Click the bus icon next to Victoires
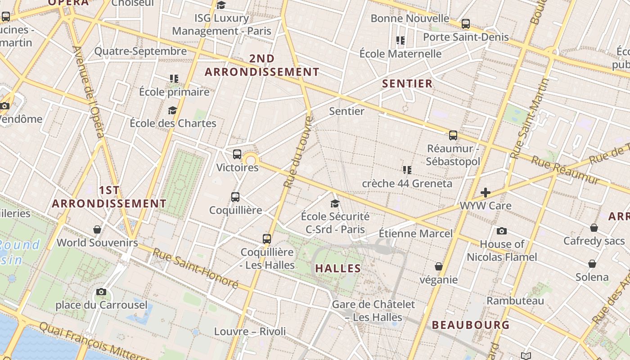(237, 154)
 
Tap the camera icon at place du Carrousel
(101, 292)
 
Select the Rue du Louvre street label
(298, 152)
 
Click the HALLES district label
(338, 269)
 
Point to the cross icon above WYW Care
(485, 193)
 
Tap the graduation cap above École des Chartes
(172, 110)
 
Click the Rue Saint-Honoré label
(195, 268)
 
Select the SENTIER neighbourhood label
(407, 83)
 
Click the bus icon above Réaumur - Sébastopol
(453, 135)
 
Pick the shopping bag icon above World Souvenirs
(97, 229)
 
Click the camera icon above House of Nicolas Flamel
(502, 231)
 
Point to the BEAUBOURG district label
(471, 325)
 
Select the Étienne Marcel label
(415, 233)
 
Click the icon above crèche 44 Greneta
(407, 170)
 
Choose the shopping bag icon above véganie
(439, 266)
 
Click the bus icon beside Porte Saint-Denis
(466, 23)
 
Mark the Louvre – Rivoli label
(250, 332)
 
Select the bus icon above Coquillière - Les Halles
(267, 238)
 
